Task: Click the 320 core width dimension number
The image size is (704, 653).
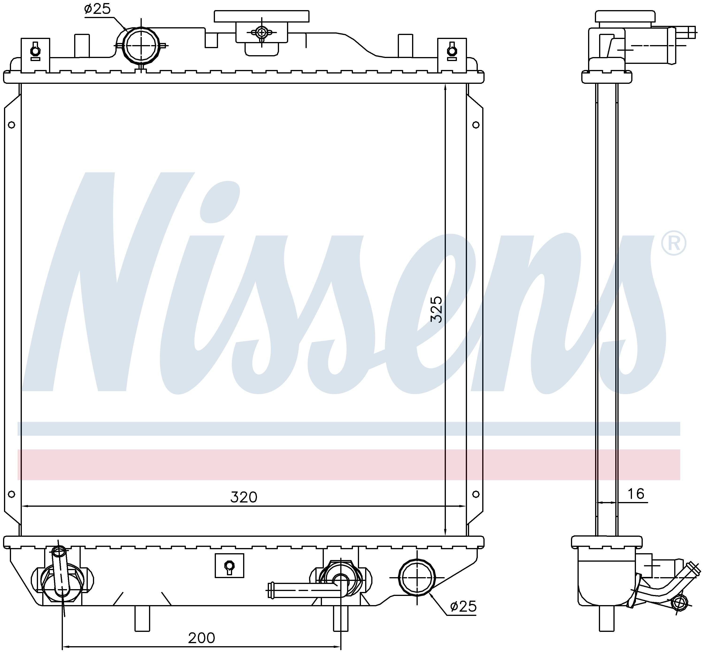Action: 244,497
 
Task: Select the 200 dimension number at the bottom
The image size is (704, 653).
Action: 201,638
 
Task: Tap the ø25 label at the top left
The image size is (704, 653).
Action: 97,9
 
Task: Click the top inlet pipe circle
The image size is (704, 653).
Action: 141,46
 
